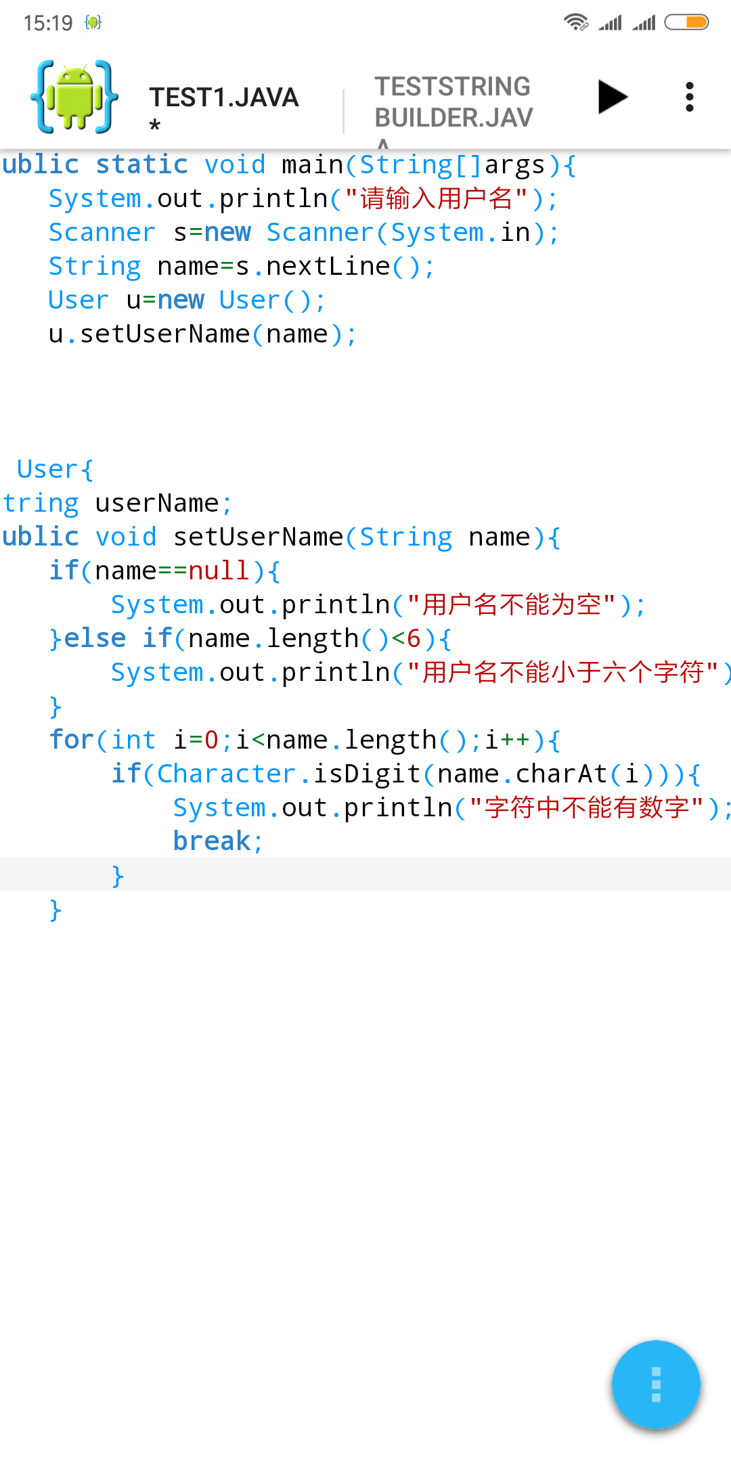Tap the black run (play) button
click(x=613, y=97)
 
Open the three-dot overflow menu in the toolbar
click(x=690, y=97)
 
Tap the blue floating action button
click(x=655, y=1384)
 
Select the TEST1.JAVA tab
click(x=223, y=98)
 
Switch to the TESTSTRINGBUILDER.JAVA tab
click(x=453, y=102)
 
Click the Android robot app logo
click(x=74, y=97)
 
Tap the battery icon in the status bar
click(x=686, y=22)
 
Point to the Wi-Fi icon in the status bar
click(x=575, y=22)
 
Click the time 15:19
click(x=47, y=23)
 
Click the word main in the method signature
click(x=312, y=165)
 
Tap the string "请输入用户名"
click(x=436, y=199)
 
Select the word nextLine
click(x=328, y=267)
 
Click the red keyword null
click(x=219, y=571)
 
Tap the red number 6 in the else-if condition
click(x=414, y=639)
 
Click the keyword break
click(x=212, y=841)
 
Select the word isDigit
click(x=366, y=774)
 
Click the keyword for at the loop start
click(x=71, y=740)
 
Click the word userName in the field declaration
click(x=156, y=504)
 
